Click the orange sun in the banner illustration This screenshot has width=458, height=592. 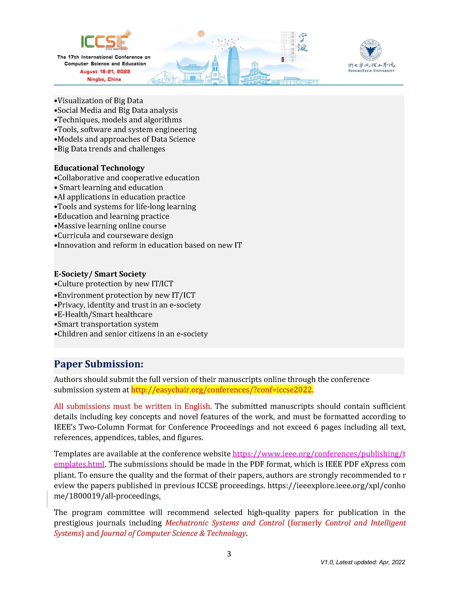(201, 34)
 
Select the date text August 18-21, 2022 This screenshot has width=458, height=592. (105, 72)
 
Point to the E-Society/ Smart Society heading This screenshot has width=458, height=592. (100, 274)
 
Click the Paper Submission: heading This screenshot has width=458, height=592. (98, 364)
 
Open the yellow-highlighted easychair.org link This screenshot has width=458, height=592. (222, 390)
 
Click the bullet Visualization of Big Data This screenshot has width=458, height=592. (100, 101)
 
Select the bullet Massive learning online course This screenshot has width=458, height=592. (112, 226)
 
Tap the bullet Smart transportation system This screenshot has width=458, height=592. (108, 324)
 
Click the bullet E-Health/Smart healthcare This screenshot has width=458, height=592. (105, 314)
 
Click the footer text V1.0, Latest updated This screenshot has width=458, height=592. (362, 562)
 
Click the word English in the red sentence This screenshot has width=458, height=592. (197, 406)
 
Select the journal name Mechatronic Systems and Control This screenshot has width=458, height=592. (225, 523)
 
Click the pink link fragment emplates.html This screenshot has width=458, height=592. (79, 464)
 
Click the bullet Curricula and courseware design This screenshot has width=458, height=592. (115, 236)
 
